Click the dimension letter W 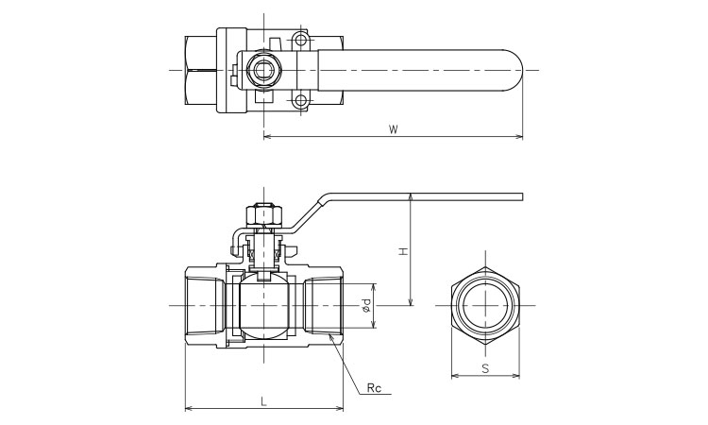pyautogui.click(x=392, y=129)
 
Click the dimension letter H pyautogui.click(x=402, y=251)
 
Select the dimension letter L pyautogui.click(x=263, y=400)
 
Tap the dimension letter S pyautogui.click(x=484, y=367)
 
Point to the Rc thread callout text pyautogui.click(x=376, y=387)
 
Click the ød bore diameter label pyautogui.click(x=365, y=305)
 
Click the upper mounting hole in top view pyautogui.click(x=301, y=40)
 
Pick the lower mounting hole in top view pyautogui.click(x=301, y=101)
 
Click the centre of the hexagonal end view pyautogui.click(x=484, y=305)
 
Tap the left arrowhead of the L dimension pyautogui.click(x=185, y=408)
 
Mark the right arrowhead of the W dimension pyautogui.click(x=521, y=138)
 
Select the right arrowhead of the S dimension pyautogui.click(x=518, y=376)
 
